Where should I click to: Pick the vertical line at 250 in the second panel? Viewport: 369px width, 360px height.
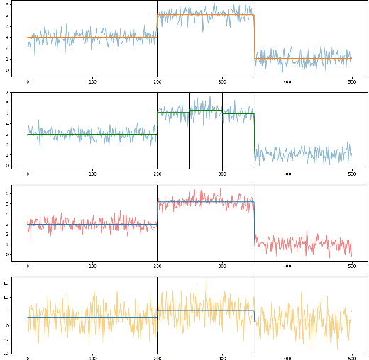click(189, 131)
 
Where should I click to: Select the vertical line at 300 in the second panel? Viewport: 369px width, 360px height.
click(222, 131)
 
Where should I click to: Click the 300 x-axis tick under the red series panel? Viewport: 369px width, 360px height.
click(222, 266)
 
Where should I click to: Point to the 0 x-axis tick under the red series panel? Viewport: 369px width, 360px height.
click(28, 266)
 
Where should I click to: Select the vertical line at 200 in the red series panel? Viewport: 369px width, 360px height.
click(157, 223)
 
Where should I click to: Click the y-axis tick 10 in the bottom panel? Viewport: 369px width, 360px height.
click(6, 297)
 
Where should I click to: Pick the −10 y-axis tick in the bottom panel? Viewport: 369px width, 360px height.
click(6, 352)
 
